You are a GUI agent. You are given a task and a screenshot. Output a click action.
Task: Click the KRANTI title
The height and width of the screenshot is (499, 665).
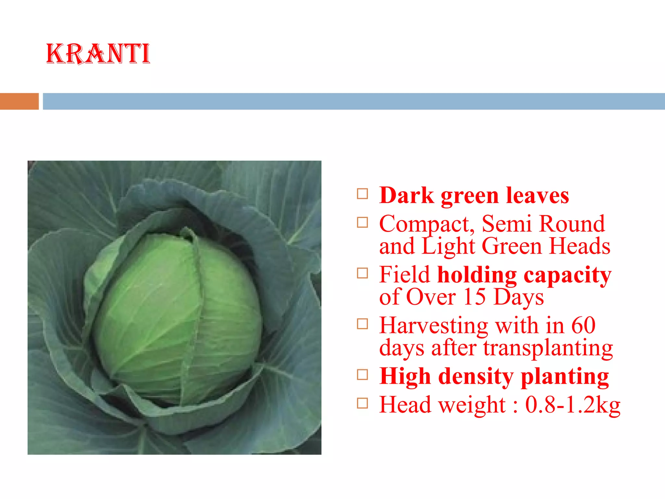click(98, 54)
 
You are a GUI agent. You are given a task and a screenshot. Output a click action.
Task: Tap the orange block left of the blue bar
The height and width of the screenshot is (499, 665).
click(19, 101)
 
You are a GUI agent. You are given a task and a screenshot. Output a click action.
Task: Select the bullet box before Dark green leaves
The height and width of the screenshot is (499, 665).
click(362, 194)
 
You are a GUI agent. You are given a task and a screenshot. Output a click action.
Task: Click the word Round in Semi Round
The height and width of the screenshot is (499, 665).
click(572, 224)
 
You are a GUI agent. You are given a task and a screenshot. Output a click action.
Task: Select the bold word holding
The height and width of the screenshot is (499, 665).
click(477, 275)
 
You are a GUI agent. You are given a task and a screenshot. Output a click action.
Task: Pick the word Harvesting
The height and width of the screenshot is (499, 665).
click(433, 326)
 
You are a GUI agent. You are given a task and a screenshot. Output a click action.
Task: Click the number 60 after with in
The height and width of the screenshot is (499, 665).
click(583, 326)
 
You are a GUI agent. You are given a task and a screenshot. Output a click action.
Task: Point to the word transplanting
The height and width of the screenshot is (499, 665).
click(548, 348)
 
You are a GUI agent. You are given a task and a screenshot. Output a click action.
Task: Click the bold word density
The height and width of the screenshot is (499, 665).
click(476, 376)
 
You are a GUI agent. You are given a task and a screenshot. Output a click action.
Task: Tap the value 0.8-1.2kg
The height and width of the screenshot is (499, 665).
click(572, 405)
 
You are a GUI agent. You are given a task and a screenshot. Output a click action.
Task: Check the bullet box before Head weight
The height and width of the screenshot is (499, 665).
click(362, 403)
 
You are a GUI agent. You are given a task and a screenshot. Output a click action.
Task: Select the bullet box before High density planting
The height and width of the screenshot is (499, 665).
click(362, 375)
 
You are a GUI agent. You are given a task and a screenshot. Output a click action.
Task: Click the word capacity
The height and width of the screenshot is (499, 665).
click(567, 275)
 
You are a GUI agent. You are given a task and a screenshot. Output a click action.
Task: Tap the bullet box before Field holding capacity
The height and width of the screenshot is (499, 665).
click(362, 273)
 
